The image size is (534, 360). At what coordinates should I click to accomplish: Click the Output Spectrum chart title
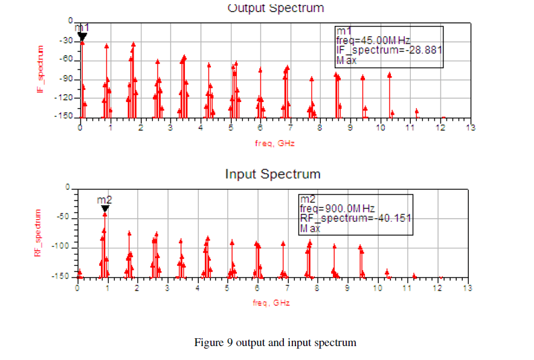pos(275,8)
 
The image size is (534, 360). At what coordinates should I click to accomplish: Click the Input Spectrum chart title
pos(272,174)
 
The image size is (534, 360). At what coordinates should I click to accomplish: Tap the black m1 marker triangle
pos(82,37)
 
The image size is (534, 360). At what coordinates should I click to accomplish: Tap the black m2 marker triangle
pos(105,209)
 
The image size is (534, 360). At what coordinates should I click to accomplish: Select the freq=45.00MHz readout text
pos(373,40)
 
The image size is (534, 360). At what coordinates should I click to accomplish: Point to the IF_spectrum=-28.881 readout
pos(389,50)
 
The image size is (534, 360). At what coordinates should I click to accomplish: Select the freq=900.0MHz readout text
pos(338,209)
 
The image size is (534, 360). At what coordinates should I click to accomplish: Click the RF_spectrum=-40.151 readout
pos(355,218)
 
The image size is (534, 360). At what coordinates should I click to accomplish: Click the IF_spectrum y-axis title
pos(41,69)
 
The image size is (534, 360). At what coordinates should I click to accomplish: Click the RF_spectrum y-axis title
pos(37,233)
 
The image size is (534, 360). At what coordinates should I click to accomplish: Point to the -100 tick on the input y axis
pos(63,248)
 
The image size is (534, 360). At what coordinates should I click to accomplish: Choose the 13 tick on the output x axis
pos(470,127)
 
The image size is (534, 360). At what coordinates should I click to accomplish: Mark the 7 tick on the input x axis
pos(287,289)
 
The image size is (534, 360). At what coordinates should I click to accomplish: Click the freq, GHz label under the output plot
pos(274,143)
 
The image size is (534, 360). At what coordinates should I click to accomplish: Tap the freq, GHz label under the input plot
pos(271,303)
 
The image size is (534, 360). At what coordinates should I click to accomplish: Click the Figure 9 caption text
pos(275,343)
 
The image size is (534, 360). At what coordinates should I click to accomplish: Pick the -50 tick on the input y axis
pos(65,218)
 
